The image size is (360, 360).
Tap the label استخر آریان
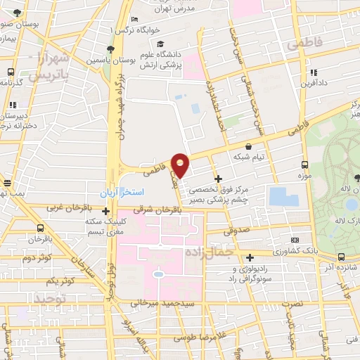pos(123,191)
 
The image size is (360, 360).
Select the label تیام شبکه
pos(250,157)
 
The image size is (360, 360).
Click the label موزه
pos(303,174)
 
